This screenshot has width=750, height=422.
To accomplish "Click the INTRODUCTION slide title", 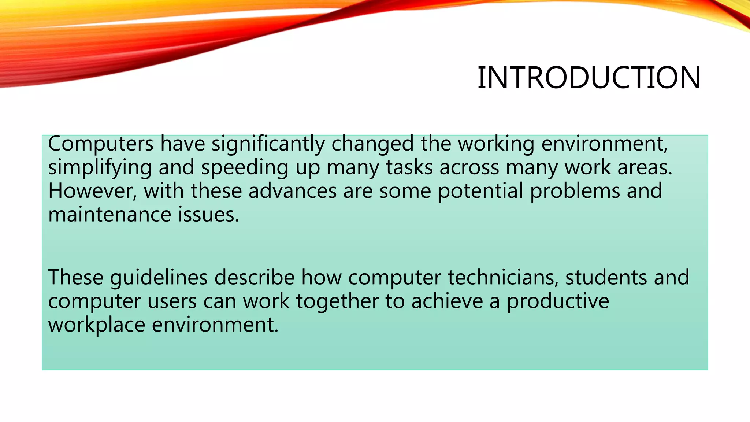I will [x=589, y=78].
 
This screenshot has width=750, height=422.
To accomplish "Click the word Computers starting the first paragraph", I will [x=101, y=144].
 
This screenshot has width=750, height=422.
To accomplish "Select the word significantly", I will [x=268, y=144].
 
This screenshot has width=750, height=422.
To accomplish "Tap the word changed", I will [x=372, y=144].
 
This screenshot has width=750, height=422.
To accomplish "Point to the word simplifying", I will [x=100, y=168].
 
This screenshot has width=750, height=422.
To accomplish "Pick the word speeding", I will [x=244, y=168].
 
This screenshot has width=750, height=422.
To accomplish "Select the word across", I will [x=469, y=167].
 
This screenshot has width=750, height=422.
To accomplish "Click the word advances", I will [x=292, y=191].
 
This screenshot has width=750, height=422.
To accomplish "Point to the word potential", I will [x=480, y=191].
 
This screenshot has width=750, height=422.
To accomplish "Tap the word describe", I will [x=254, y=277].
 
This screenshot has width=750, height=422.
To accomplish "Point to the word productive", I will [x=558, y=301].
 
